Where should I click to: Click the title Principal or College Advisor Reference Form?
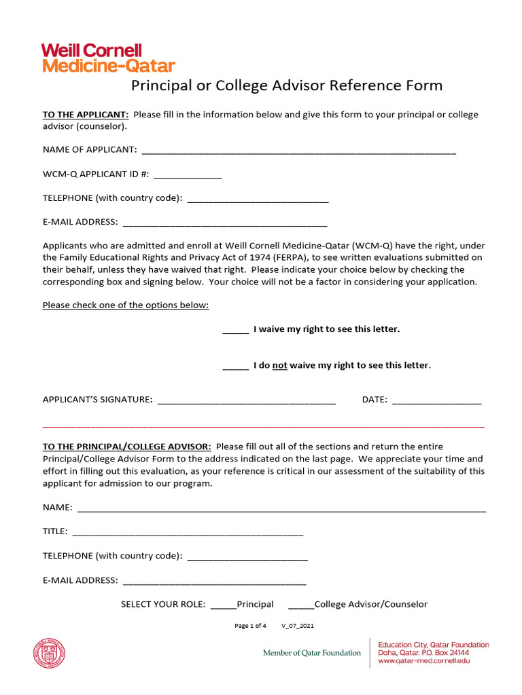pyautogui.click(x=286, y=86)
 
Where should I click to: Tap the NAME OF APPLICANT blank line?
pyautogui.click(x=298, y=150)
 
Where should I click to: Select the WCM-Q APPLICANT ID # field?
pyautogui.click(x=188, y=174)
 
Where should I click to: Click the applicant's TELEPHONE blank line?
pyautogui.click(x=258, y=199)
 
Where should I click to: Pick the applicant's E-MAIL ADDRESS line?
pyautogui.click(x=225, y=223)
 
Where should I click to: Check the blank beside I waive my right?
pyautogui.click(x=235, y=330)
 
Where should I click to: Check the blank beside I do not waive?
pyautogui.click(x=235, y=367)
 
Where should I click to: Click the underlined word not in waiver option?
pyautogui.click(x=280, y=366)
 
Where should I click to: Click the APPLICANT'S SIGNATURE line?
pyautogui.click(x=247, y=400)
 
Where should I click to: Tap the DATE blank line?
pyautogui.click(x=436, y=400)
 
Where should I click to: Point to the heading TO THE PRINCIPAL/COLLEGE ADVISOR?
pyautogui.click(x=127, y=447)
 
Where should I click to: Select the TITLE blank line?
pyautogui.click(x=188, y=532)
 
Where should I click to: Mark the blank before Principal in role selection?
pyautogui.click(x=223, y=605)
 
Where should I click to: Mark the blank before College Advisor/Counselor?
pyautogui.click(x=301, y=605)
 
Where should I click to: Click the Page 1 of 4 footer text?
pyautogui.click(x=250, y=626)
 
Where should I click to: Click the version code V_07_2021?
pyautogui.click(x=298, y=626)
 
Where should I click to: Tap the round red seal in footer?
pyautogui.click(x=50, y=654)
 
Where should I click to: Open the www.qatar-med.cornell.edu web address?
pyautogui.click(x=423, y=660)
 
